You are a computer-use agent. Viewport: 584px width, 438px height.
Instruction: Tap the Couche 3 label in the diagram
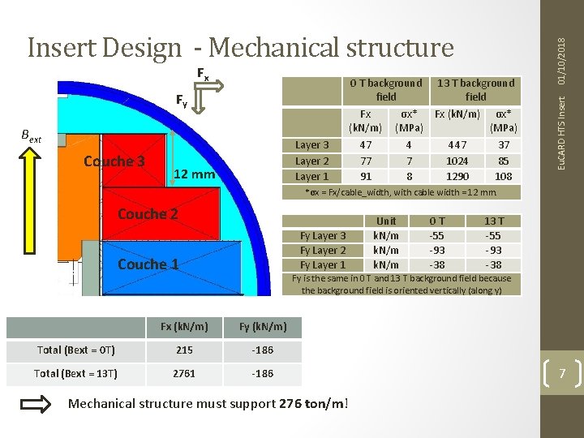[x=114, y=161]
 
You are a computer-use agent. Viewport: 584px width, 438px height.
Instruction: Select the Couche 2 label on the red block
[x=148, y=214]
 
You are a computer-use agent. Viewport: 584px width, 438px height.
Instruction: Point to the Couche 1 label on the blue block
[x=148, y=264]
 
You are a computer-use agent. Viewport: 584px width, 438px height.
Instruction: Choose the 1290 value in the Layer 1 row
[x=457, y=176]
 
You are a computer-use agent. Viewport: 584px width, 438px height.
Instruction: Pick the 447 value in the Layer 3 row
[x=457, y=145]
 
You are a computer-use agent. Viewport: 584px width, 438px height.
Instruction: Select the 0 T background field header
[x=386, y=89]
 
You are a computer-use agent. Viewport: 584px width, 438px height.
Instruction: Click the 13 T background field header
[x=475, y=89]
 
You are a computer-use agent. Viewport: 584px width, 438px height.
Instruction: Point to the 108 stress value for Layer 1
[x=503, y=176]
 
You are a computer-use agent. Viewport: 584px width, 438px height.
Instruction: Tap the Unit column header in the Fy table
[x=386, y=221]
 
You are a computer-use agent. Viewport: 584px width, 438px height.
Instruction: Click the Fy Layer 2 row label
[x=323, y=250]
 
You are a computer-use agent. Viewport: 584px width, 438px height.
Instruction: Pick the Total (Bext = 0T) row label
[x=76, y=350]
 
